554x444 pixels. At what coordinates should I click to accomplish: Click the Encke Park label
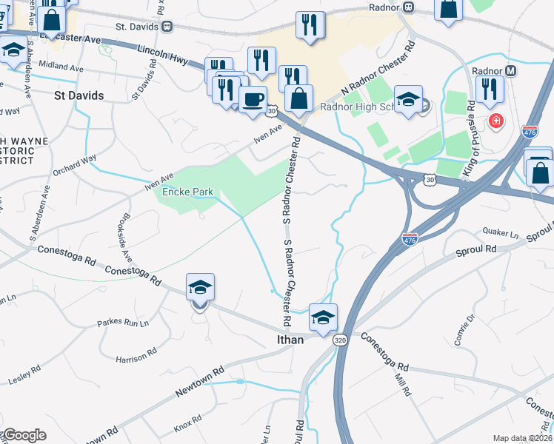pos(188,192)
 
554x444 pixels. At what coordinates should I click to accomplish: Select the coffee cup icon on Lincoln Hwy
pos(253,99)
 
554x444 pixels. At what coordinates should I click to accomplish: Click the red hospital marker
pos(494,119)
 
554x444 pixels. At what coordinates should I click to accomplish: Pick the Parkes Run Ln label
pos(123,323)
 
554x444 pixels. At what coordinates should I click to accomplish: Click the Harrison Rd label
pos(134,359)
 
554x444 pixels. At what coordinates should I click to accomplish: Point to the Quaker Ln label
pos(500,233)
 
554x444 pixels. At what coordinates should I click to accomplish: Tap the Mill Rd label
pos(403,385)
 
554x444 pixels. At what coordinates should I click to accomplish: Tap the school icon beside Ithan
pos(323,317)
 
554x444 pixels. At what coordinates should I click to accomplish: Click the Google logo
pos(24,435)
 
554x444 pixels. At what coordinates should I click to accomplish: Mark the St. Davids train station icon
pos(168,27)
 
